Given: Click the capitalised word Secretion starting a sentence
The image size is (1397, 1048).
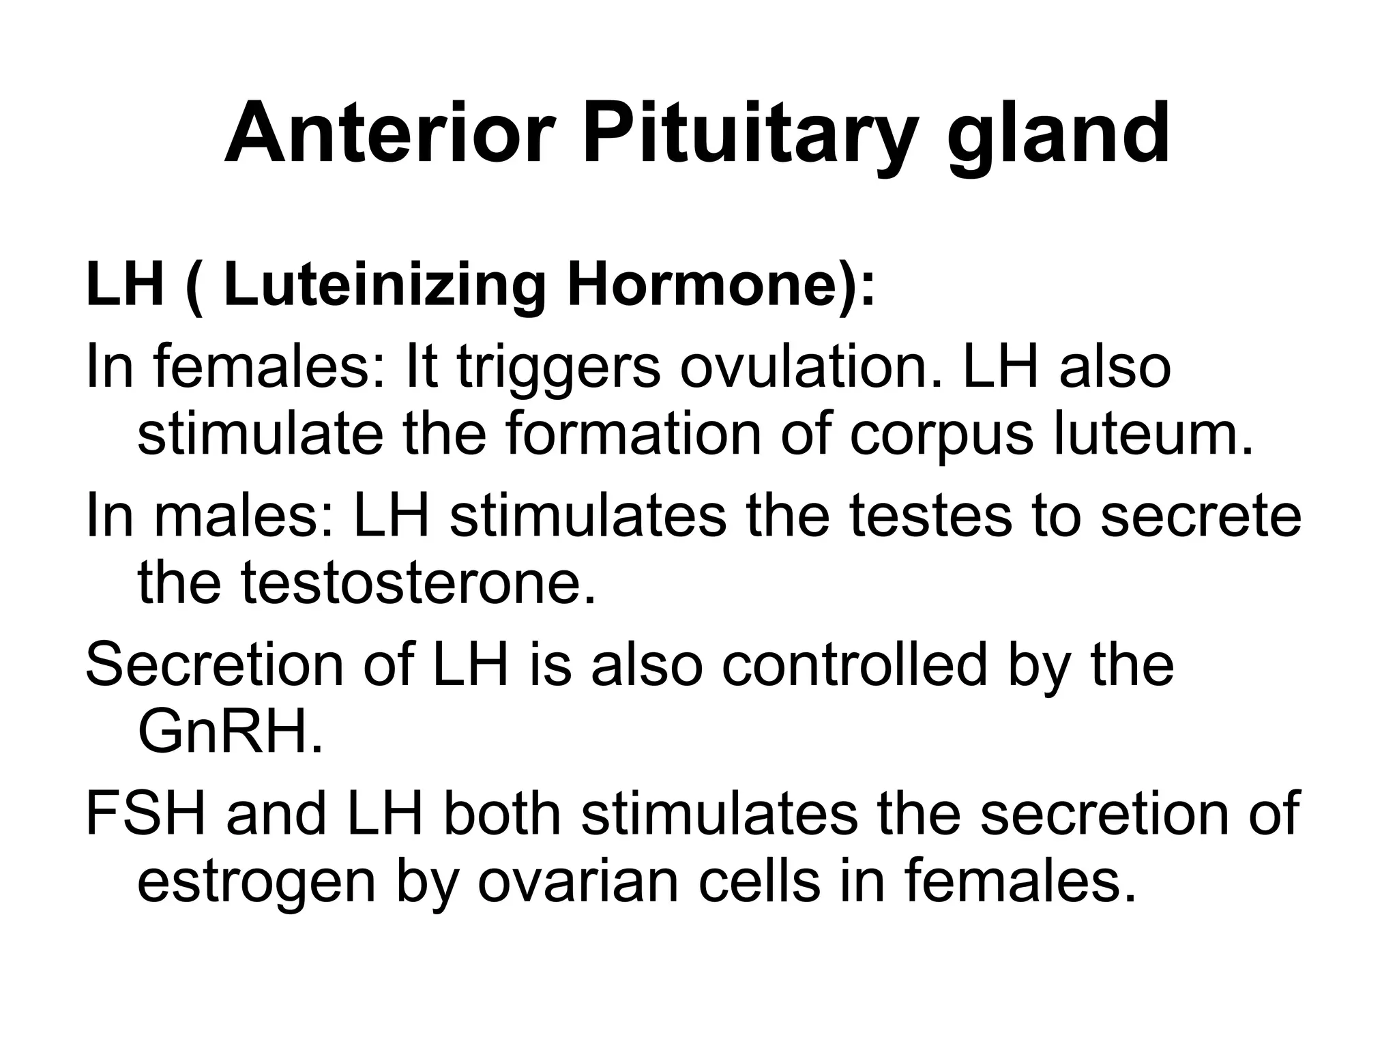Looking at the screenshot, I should tap(215, 665).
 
